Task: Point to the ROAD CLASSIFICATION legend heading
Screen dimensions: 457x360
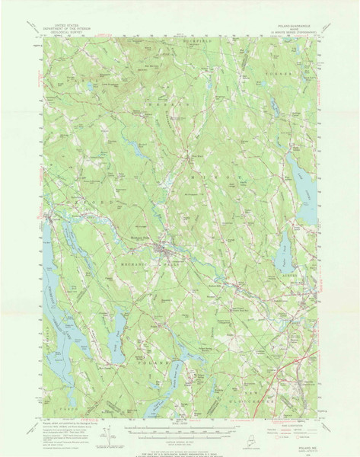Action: click(293, 425)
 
